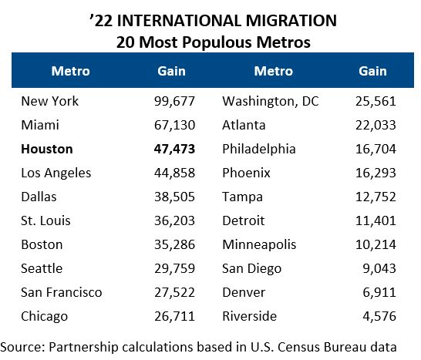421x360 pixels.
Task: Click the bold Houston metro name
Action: pyautogui.click(x=47, y=150)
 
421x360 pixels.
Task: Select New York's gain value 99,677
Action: pyautogui.click(x=173, y=102)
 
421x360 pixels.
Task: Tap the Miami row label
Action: pyautogui.click(x=40, y=126)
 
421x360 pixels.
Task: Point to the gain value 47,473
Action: pyautogui.click(x=173, y=150)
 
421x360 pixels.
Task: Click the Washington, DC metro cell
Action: pyautogui.click(x=271, y=102)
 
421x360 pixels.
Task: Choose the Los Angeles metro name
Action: pyautogui.click(x=56, y=173)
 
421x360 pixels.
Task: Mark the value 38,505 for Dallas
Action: pyautogui.click(x=173, y=197)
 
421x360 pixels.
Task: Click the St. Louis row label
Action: pyautogui.click(x=46, y=221)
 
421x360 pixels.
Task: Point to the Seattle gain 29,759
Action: pyautogui.click(x=173, y=269)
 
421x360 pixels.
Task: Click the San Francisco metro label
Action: pyautogui.click(x=62, y=293)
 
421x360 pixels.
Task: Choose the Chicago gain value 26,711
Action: pyautogui.click(x=173, y=317)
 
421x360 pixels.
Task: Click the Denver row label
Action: pyautogui.click(x=244, y=293)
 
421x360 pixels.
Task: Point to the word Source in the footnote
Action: pyautogui.click(x=23, y=347)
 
